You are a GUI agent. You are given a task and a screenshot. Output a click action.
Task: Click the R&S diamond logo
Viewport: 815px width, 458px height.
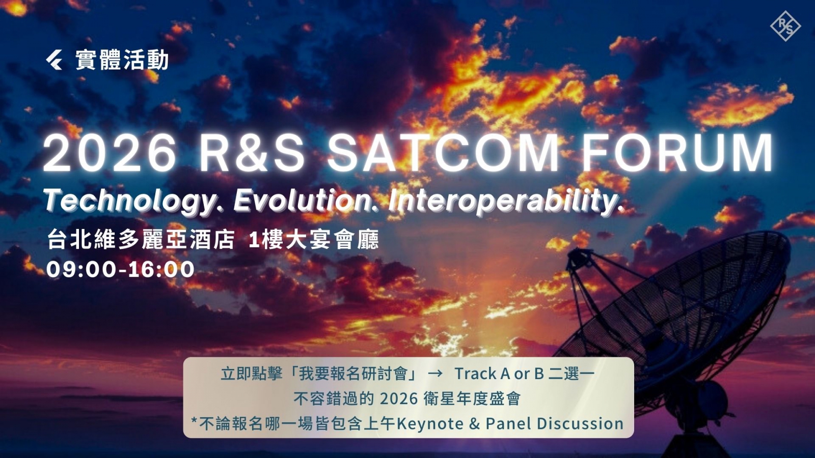[785, 26]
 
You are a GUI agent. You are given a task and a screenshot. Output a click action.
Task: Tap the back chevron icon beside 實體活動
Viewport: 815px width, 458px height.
[54, 60]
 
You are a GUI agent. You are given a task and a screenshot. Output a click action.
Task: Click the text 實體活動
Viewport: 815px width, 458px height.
[122, 60]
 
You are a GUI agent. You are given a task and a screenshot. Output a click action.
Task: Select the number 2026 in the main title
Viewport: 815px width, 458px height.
[110, 153]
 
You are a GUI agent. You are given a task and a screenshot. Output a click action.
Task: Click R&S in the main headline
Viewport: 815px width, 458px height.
[252, 153]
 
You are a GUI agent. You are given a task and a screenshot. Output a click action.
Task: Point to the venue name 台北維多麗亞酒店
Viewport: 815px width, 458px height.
[141, 240]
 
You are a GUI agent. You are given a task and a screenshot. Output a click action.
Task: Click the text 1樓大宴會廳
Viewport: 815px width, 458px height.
[314, 240]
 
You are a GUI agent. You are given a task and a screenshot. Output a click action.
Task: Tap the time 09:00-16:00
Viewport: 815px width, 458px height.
[120, 270]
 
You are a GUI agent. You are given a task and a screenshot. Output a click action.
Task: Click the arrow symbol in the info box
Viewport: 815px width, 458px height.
[434, 374]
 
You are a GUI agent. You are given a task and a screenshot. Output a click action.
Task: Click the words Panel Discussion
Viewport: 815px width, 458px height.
[555, 423]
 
